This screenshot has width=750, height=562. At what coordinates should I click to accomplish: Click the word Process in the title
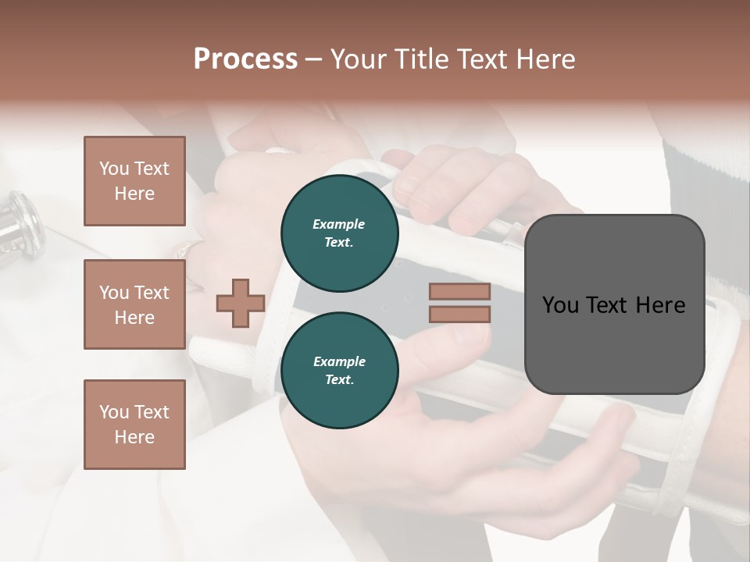245,59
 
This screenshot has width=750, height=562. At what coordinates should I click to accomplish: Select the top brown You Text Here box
134,181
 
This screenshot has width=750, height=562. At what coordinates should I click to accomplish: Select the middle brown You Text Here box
134,304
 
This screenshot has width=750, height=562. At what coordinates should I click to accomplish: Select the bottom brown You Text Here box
134,425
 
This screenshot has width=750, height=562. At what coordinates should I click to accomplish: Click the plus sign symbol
240,304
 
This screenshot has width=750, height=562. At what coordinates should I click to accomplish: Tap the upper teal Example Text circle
339,233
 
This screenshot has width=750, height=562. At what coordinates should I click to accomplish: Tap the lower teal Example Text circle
339,371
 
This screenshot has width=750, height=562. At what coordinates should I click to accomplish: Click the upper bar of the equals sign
459,291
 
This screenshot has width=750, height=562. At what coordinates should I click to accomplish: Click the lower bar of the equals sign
459,315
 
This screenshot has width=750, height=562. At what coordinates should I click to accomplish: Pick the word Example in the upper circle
339,224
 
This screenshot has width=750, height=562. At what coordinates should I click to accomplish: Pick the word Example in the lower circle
339,361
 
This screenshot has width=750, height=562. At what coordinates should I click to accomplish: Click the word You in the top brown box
114,169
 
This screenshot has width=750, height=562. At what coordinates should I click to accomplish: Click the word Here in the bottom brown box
134,437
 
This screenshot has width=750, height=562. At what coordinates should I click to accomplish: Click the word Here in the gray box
660,305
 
